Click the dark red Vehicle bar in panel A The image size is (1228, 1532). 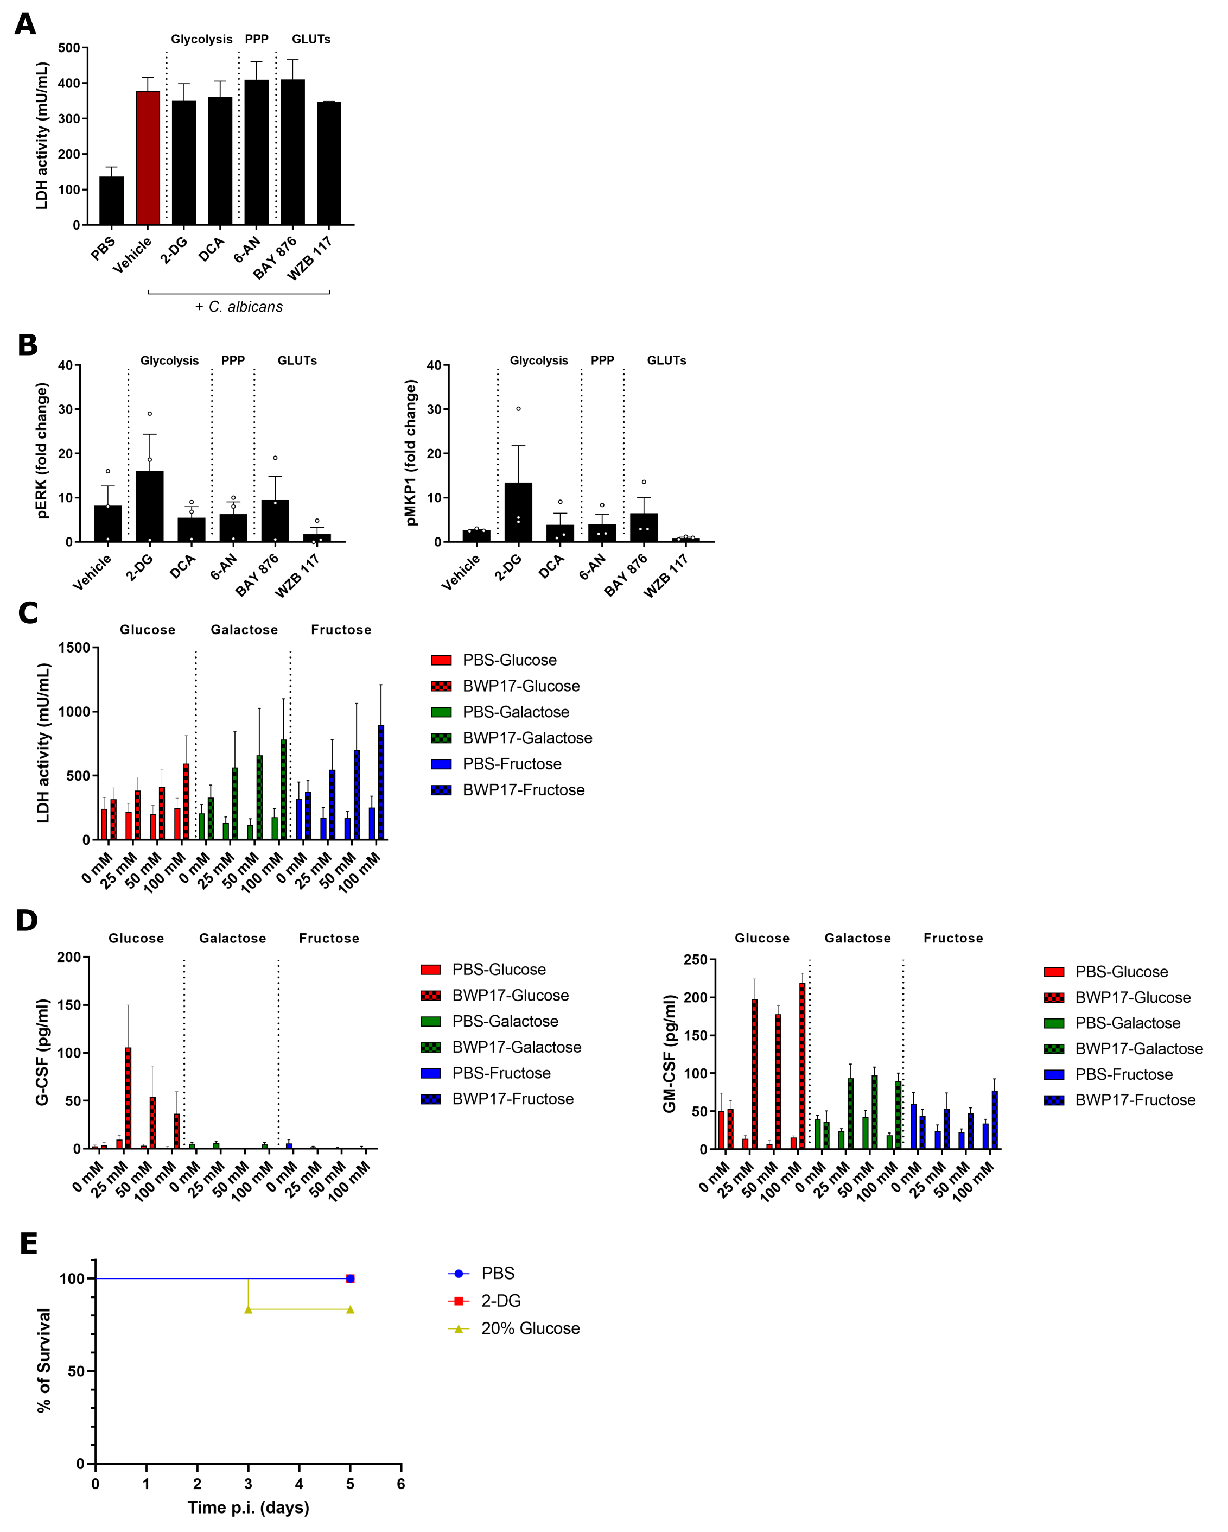(x=148, y=158)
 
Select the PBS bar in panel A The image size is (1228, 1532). (x=111, y=200)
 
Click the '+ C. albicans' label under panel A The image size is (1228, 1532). (x=239, y=307)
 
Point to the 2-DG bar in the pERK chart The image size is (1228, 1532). (x=149, y=506)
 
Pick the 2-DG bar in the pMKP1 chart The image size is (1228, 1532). (x=518, y=511)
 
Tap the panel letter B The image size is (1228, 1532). (x=27, y=345)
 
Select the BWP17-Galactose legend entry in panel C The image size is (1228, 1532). (x=511, y=738)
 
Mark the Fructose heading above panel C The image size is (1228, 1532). (x=341, y=630)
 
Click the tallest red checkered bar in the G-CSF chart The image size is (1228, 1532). (x=129, y=1097)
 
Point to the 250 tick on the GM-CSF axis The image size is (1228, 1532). (x=695, y=959)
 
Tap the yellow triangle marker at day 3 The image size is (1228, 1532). (x=248, y=1309)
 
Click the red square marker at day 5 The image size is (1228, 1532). (x=350, y=1278)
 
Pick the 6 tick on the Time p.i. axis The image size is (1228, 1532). (x=400, y=1484)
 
